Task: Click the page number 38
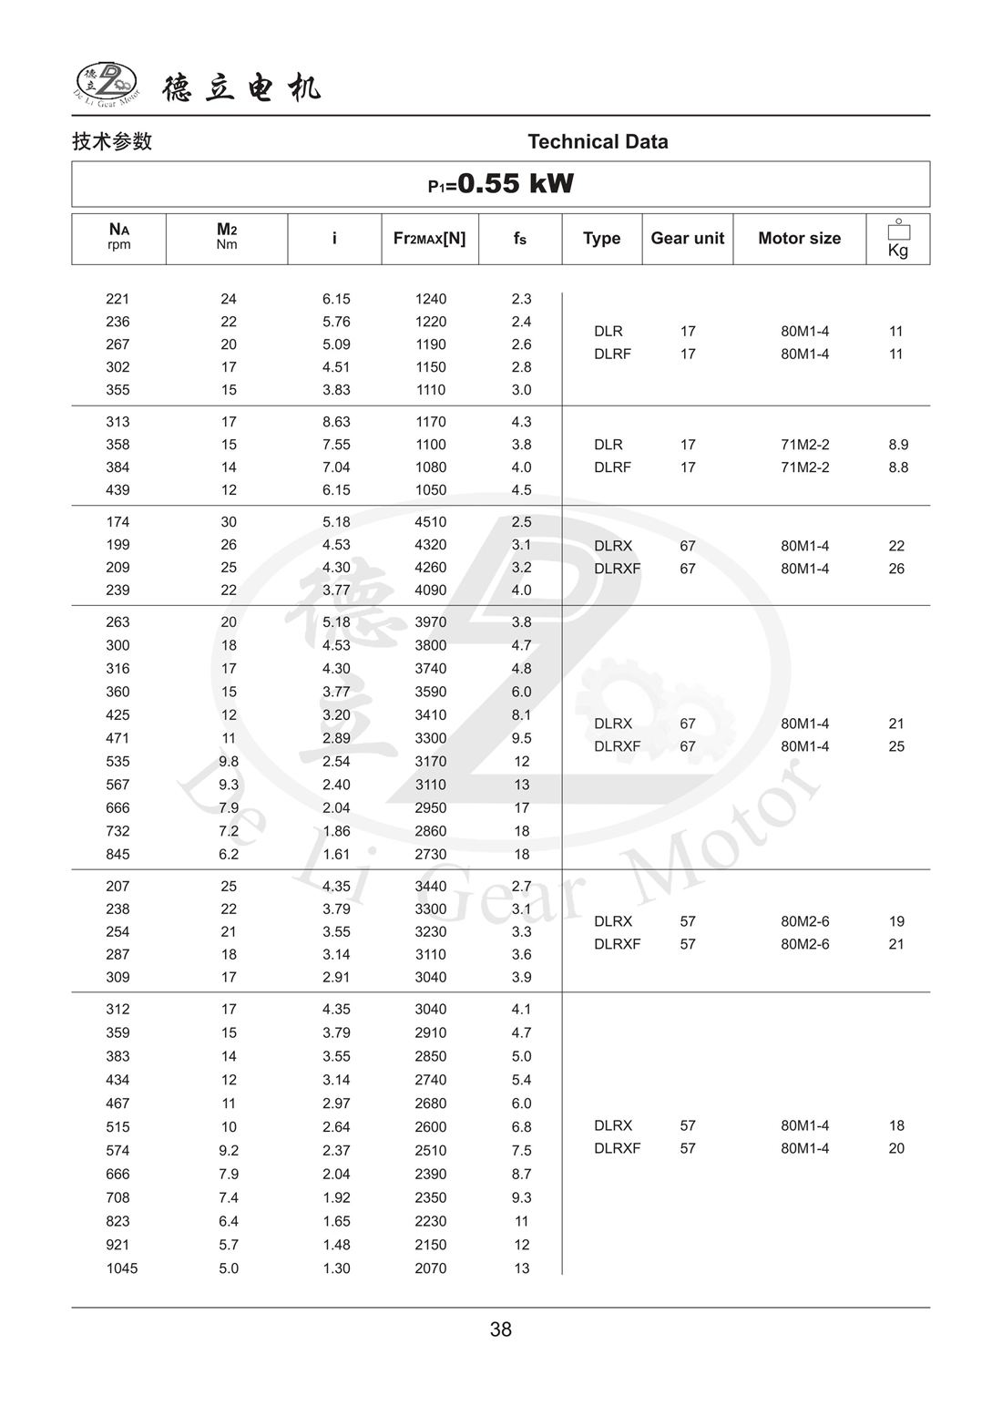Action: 501,1330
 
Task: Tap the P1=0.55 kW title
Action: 501,184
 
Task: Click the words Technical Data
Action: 598,142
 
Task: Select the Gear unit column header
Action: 687,239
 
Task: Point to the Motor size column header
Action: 799,239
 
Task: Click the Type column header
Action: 601,239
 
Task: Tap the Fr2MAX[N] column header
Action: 429,239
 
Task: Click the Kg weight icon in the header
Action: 898,239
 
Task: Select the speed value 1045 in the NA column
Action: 121,1268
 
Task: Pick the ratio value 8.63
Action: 336,422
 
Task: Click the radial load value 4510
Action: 431,522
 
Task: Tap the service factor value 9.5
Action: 521,738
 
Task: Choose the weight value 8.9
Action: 898,445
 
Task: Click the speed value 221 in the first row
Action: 118,299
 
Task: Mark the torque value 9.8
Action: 229,762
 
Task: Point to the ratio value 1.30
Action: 336,1268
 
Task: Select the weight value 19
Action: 896,921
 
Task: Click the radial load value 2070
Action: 431,1268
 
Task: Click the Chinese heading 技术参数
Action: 112,142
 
